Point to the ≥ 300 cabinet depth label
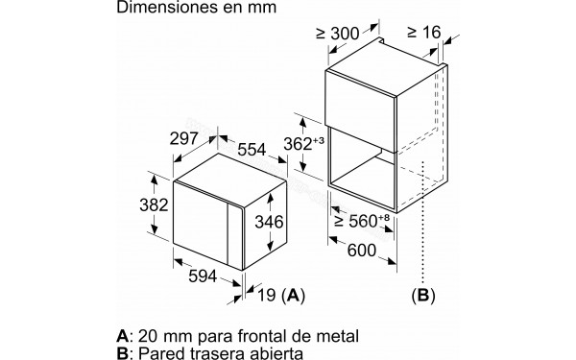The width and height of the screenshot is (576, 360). click(336, 35)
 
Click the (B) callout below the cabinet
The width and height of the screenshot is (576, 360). click(422, 295)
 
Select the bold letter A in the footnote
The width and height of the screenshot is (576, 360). click(121, 336)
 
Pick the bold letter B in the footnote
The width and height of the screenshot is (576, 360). click(121, 355)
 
